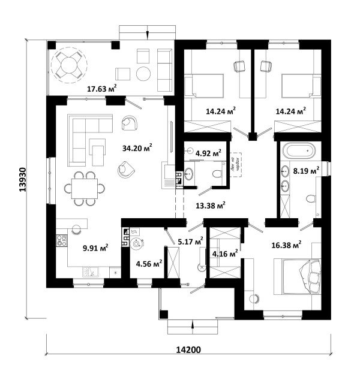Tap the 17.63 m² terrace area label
point(102,89)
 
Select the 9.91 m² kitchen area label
point(95,246)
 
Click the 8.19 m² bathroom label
point(305,171)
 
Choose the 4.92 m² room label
point(208,153)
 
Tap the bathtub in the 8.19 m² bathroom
point(298,150)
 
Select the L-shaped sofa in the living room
point(84,135)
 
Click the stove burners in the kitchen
point(61,241)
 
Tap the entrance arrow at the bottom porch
point(191,325)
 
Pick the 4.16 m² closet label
point(224,254)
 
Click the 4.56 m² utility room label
point(148,263)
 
